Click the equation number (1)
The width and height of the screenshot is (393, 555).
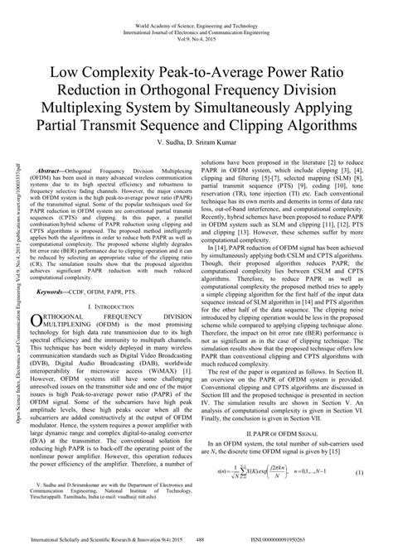[x=360, y=472]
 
